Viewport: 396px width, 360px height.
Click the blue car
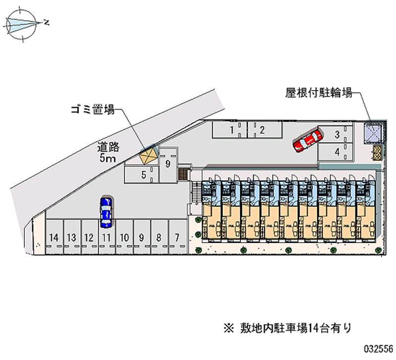tap(106, 212)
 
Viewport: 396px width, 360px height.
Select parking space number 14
tap(54, 237)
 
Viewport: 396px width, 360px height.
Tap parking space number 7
tap(178, 237)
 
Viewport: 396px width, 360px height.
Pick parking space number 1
tap(230, 130)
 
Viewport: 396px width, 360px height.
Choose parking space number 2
tap(265, 130)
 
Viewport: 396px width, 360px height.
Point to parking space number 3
tap(335, 135)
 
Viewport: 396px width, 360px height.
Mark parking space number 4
tap(335, 152)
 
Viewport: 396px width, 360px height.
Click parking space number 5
tap(142, 175)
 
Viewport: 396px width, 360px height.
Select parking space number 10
tap(125, 237)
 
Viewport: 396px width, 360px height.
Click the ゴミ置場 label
tap(93, 109)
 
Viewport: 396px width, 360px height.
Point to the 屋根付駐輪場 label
tap(319, 93)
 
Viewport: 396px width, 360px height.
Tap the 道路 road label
tap(108, 147)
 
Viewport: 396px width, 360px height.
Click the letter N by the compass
tap(46, 22)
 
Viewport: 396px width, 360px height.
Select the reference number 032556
tap(378, 349)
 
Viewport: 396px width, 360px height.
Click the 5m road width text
tap(107, 158)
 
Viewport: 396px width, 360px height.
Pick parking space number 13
tap(72, 237)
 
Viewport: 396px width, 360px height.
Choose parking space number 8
tap(159, 237)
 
